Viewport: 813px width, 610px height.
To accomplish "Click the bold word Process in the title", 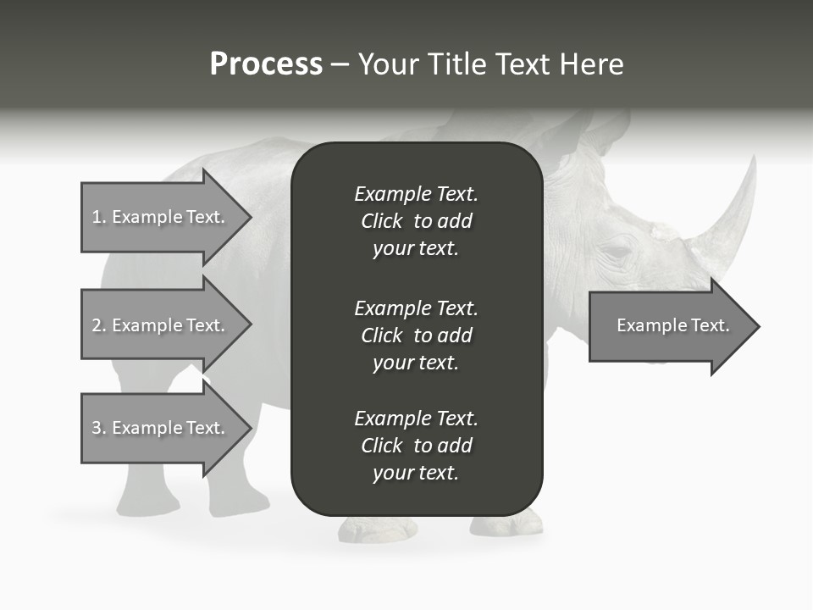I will click(266, 64).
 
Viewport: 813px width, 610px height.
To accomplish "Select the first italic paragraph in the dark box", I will click(416, 221).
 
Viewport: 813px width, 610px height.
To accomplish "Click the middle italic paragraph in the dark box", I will click(416, 335).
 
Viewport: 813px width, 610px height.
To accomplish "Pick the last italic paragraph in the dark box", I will click(416, 446).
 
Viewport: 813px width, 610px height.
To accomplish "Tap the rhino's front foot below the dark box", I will click(378, 529).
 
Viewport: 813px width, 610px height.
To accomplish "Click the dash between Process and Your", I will click(340, 65).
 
